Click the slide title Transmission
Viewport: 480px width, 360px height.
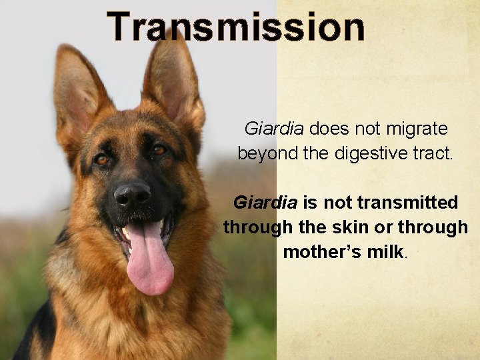pos(236,27)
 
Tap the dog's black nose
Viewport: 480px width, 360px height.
pos(132,195)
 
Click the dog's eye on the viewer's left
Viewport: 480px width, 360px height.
pos(101,159)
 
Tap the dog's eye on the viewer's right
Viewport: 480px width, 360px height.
pos(159,151)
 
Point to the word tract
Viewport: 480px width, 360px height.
pos(434,153)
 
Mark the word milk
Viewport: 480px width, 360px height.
pos(386,253)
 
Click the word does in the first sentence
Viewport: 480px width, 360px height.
pos(324,127)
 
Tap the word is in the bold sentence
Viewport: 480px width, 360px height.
pos(311,201)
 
